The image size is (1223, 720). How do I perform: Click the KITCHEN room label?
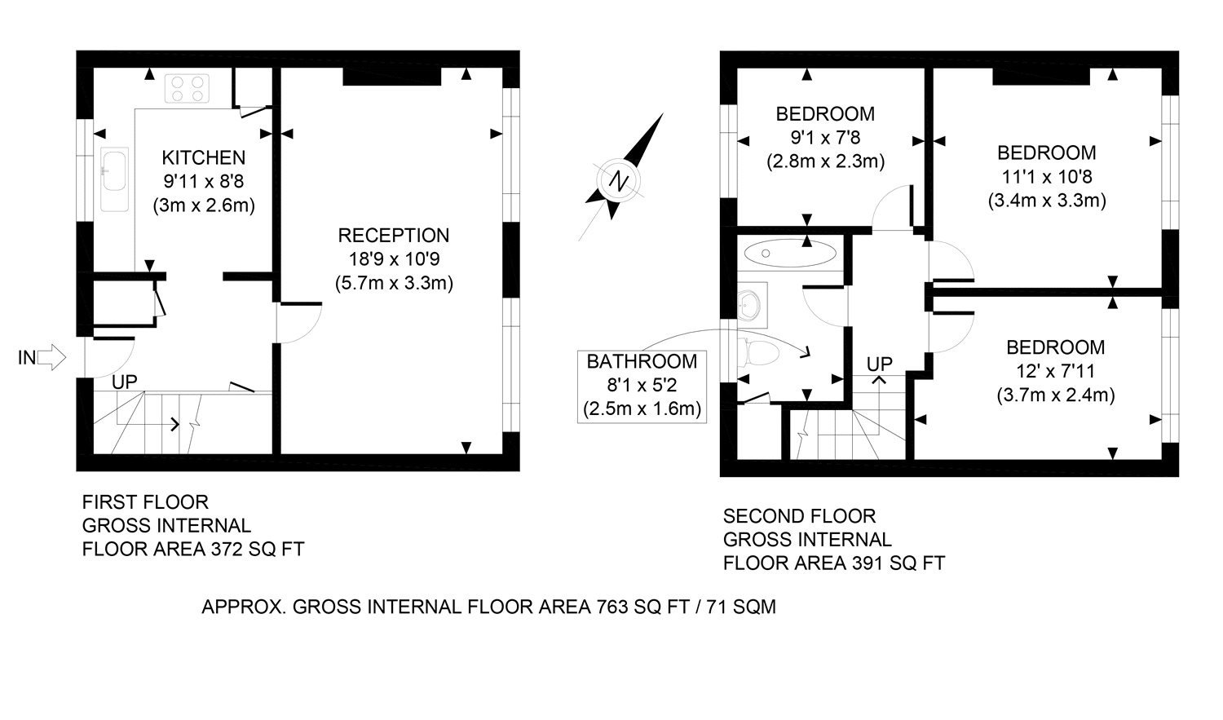pyautogui.click(x=203, y=157)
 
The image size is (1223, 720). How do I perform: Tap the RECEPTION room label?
pyautogui.click(x=394, y=236)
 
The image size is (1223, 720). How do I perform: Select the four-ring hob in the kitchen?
pyautogui.click(x=188, y=88)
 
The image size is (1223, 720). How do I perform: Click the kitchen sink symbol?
pyautogui.click(x=113, y=180)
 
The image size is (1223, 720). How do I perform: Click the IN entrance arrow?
pyautogui.click(x=42, y=357)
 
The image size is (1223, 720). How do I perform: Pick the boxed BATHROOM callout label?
pyautogui.click(x=642, y=385)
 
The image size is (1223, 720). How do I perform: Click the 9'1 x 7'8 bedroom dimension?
pyautogui.click(x=825, y=138)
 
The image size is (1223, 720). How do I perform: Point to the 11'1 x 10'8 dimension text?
pyautogui.click(x=1047, y=176)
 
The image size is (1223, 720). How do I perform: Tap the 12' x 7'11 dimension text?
pyautogui.click(x=1055, y=371)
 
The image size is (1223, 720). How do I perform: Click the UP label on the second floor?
pyautogui.click(x=879, y=364)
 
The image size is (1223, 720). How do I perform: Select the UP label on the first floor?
pyautogui.click(x=124, y=382)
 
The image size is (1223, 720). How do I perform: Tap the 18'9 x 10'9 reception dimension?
pyautogui.click(x=394, y=260)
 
